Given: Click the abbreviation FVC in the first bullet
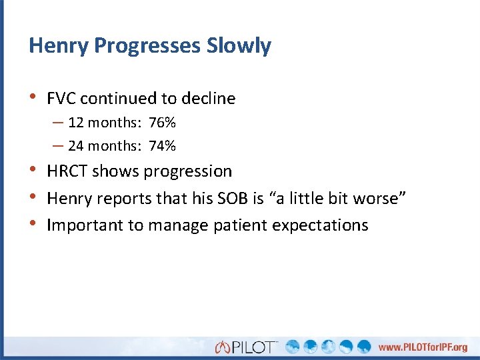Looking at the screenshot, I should tap(62, 99).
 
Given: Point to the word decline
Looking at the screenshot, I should tap(207, 99).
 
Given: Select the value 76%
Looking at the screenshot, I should tap(162, 123).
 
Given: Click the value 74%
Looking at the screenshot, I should tap(162, 146).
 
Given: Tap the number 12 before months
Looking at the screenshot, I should tap(75, 123).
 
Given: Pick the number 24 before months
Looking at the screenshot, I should tap(75, 146).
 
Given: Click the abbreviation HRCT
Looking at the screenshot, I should tap(67, 171).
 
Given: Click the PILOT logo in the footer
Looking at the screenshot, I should tap(247, 347).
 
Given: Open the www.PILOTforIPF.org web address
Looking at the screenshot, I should tap(423, 347).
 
